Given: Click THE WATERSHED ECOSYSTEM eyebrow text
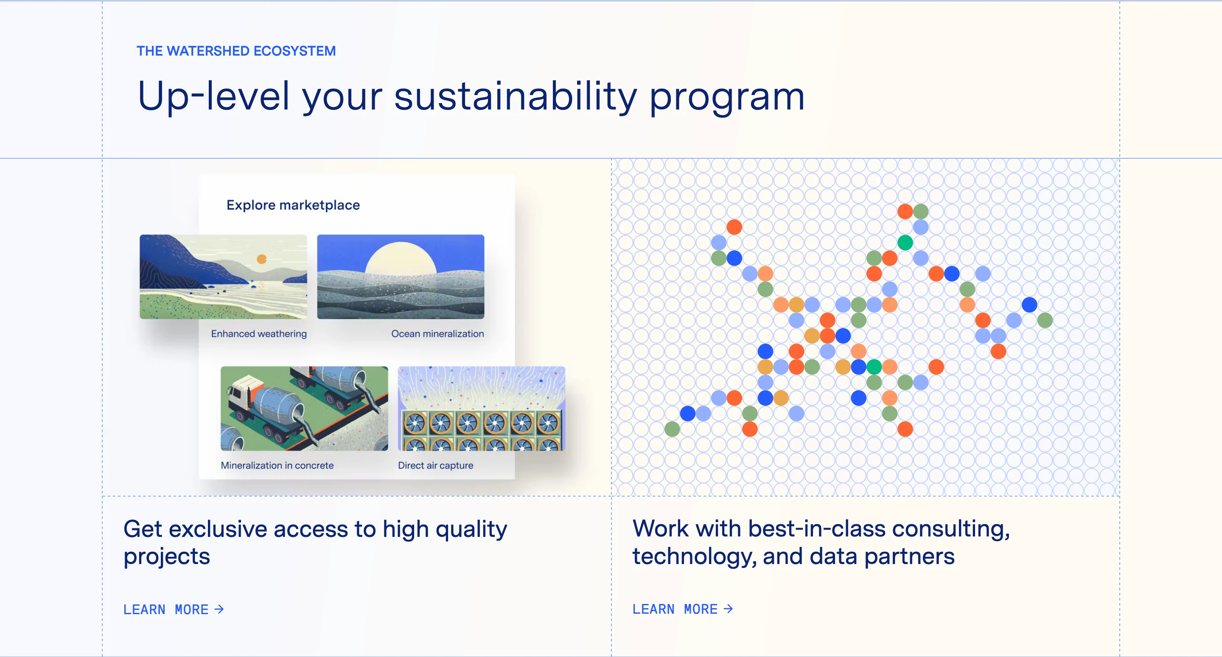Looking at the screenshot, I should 236,51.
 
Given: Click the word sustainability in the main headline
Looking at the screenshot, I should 515,96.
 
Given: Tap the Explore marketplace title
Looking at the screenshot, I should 293,205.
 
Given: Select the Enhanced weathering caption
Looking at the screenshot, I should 258,334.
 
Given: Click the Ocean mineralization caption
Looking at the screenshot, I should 437,334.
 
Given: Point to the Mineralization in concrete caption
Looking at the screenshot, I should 277,465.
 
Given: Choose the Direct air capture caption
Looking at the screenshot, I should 435,465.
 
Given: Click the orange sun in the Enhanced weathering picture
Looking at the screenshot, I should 261,259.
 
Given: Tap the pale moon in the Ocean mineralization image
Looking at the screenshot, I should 401,258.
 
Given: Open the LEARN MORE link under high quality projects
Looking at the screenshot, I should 173,609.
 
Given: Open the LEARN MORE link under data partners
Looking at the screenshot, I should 682,609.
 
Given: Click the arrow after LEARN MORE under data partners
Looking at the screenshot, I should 728,609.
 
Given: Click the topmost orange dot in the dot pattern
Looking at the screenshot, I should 905,211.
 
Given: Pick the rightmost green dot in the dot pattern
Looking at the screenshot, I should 1045,320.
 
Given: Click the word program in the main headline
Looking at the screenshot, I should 726,96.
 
